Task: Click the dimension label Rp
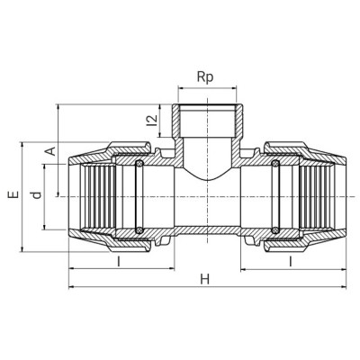205,77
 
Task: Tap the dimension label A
51,151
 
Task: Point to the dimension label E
13,194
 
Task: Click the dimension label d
37,195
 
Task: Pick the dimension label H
205,280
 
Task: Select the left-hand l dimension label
119,262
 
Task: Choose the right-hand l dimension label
291,262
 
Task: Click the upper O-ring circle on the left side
139,164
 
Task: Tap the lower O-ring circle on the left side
139,230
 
